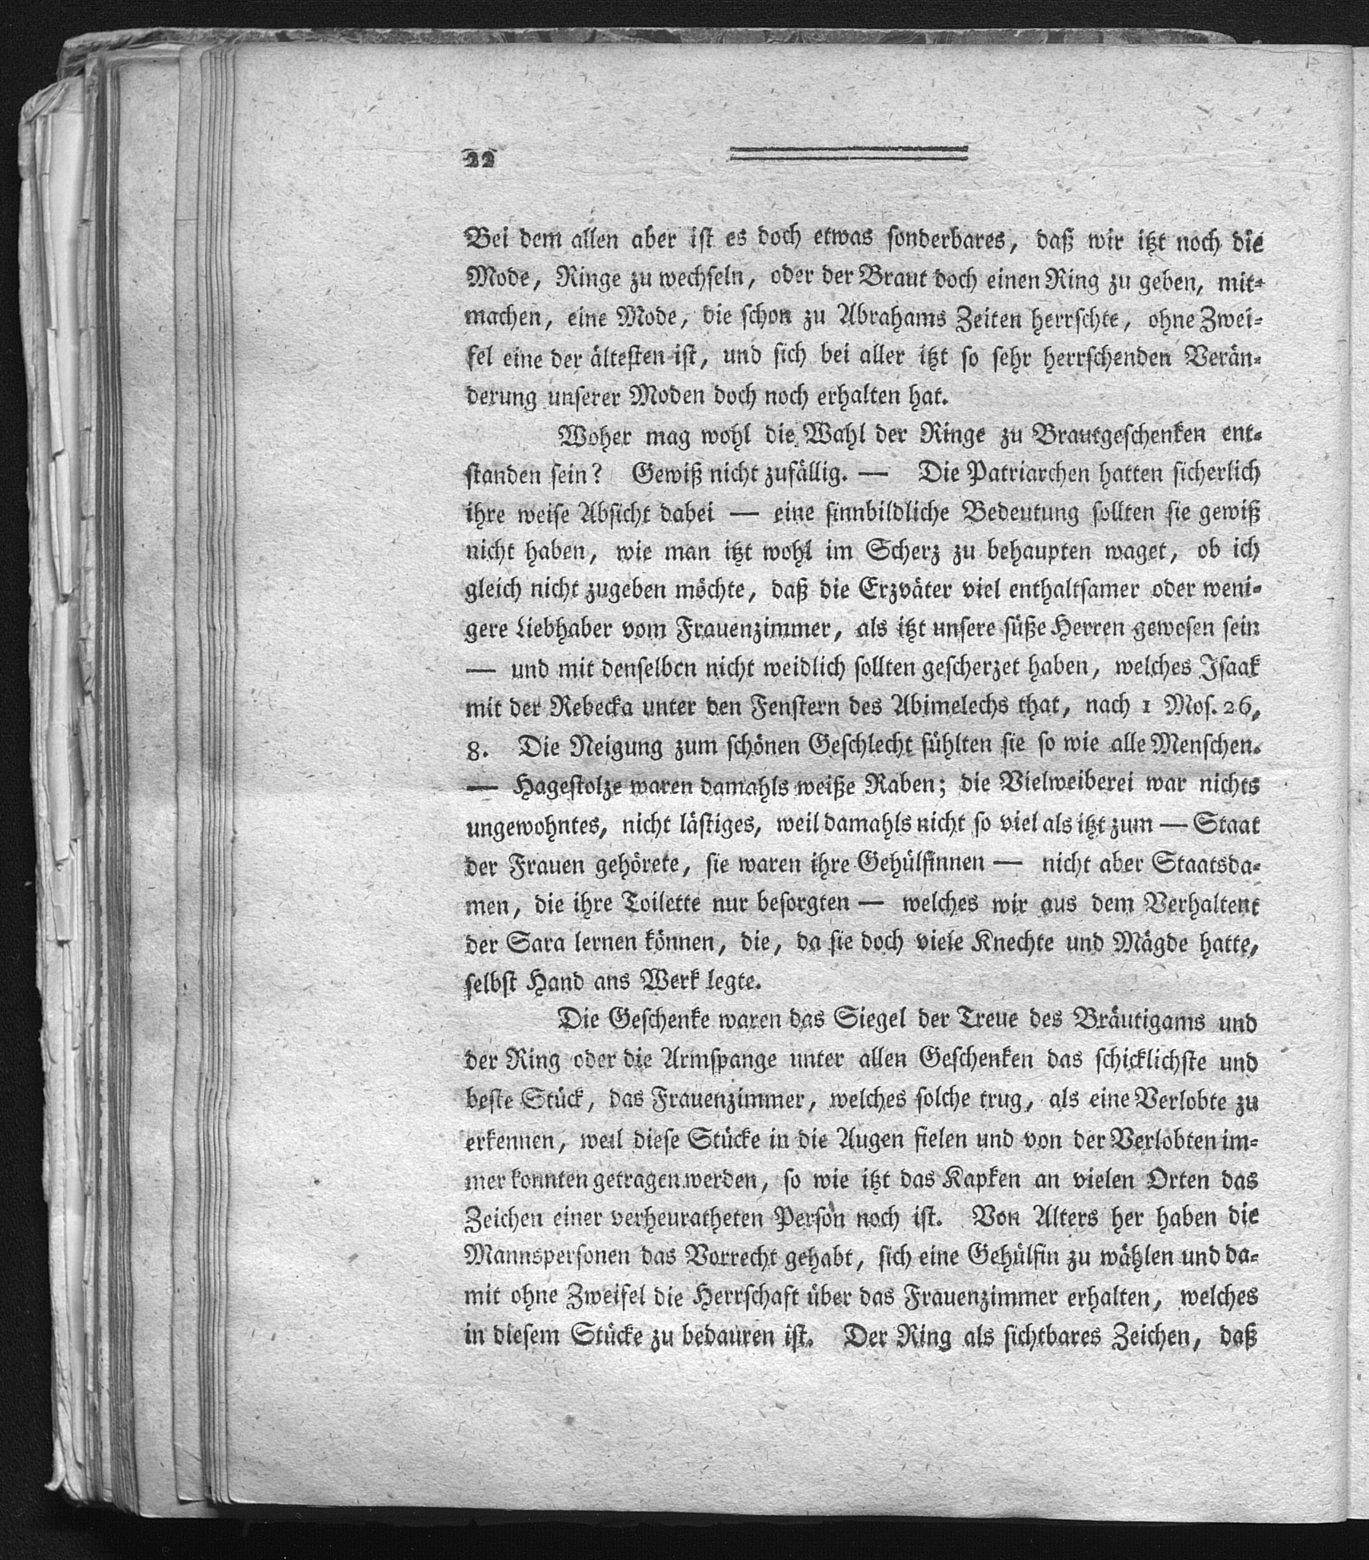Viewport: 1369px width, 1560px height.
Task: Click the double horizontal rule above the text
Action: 848,153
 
